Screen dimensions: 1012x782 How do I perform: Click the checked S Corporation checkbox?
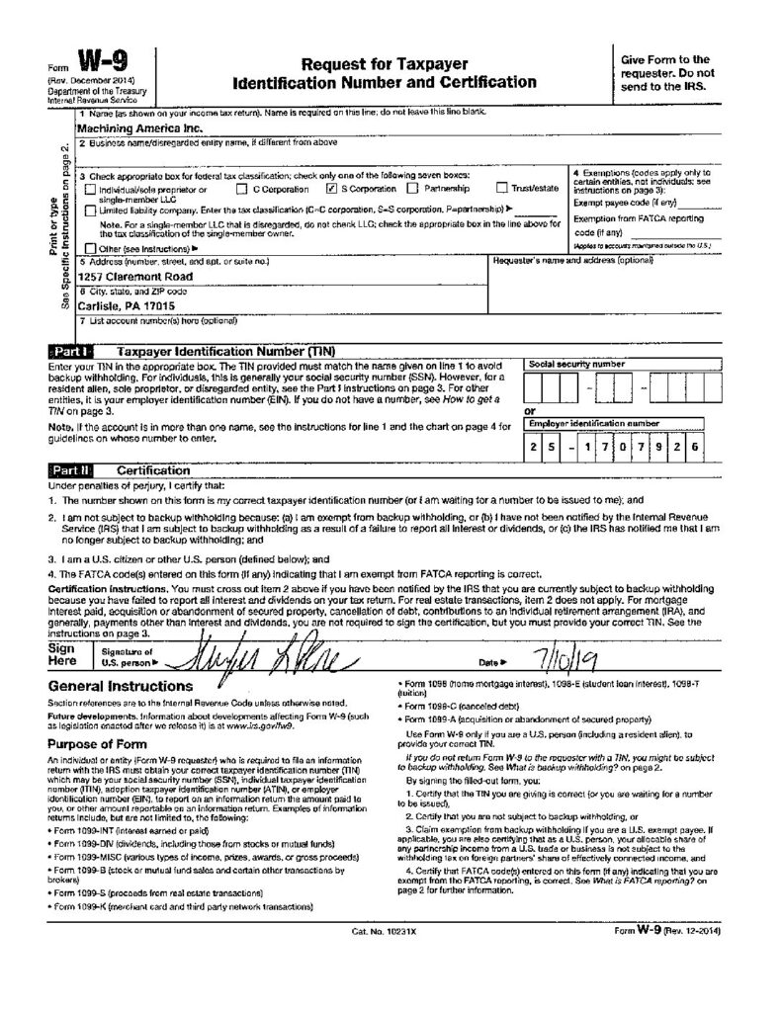coord(331,188)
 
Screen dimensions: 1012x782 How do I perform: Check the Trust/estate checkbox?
coord(502,188)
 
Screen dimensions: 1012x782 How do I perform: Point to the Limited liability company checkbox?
coord(91,210)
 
